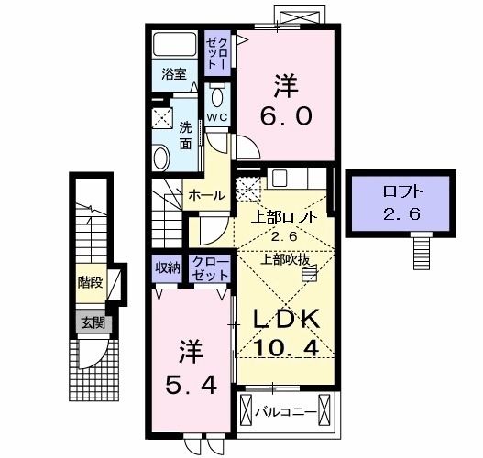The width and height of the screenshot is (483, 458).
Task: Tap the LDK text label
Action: click(286, 320)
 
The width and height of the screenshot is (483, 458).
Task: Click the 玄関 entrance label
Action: click(93, 322)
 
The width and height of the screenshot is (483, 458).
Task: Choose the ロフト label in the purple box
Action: click(401, 192)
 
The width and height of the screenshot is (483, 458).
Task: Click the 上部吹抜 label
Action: click(285, 258)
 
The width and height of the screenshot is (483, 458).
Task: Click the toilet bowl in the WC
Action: click(218, 98)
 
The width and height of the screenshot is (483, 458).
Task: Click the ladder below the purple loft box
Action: click(422, 246)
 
